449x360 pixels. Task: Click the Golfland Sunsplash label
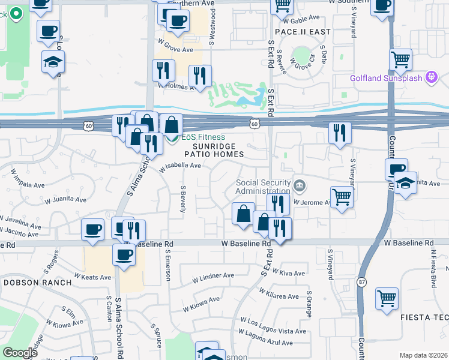(x=387, y=78)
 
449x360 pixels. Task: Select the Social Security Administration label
(x=263, y=187)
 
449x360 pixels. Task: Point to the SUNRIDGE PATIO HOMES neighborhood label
(x=218, y=150)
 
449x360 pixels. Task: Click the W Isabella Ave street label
(x=180, y=166)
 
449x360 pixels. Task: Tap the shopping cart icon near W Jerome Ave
(x=342, y=196)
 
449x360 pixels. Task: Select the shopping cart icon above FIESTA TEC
(x=387, y=298)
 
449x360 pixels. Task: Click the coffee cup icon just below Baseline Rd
(x=124, y=254)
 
